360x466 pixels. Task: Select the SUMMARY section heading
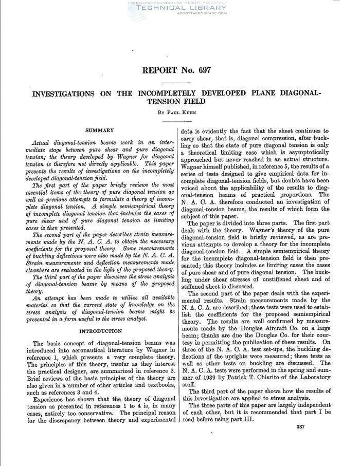(99, 131)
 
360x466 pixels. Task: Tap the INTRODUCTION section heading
(99, 331)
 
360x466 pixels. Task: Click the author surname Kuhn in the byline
(189, 111)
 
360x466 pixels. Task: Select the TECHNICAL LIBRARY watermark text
(180, 8)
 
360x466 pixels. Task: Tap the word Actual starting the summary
(44, 142)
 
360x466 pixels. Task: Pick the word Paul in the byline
(172, 111)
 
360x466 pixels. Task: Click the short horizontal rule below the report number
(179, 82)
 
